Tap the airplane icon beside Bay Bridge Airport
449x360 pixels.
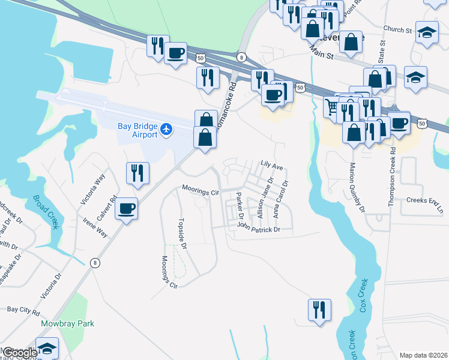(167, 128)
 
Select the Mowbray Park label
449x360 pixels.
(67, 323)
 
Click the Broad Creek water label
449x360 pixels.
(45, 211)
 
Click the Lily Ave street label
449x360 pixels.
(271, 163)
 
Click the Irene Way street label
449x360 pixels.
(95, 228)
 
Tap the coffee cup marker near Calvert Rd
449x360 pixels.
(126, 209)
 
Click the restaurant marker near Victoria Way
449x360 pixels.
(137, 173)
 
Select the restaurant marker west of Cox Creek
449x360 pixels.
(319, 310)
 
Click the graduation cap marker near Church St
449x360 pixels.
(427, 32)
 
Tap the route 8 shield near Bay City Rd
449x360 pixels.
(95, 263)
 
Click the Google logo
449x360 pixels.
(19, 353)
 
